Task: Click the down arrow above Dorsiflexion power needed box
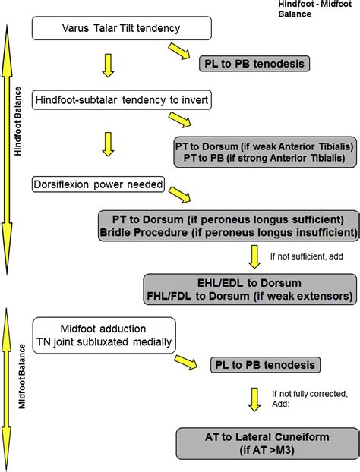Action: click(107, 143)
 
